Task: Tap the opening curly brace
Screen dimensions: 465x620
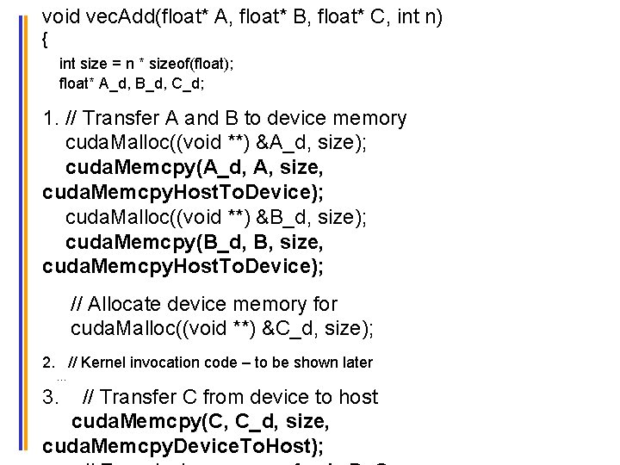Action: pos(46,40)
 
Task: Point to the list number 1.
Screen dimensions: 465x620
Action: pos(48,119)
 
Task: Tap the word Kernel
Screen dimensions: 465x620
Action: pos(102,363)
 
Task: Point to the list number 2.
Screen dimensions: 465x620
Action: pos(48,363)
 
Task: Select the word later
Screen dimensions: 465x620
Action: pos(356,363)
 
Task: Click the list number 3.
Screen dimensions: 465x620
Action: pos(50,397)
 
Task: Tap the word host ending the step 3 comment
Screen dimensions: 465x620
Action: pos(358,397)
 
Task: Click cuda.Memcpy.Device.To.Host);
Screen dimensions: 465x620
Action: pos(183,446)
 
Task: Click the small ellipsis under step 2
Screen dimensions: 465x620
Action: pos(62,380)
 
